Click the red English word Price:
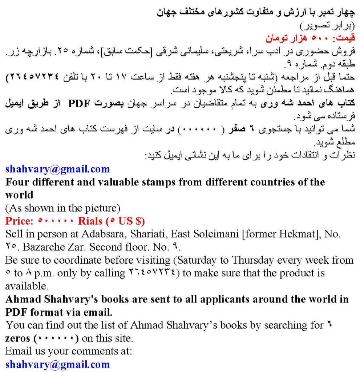coord(20,221)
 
